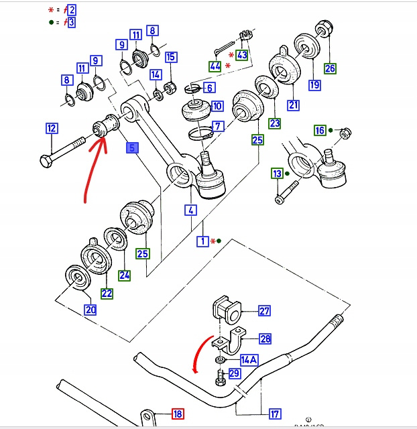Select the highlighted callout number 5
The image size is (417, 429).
[132, 148]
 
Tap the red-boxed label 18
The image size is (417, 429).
[178, 414]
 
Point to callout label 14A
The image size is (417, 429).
[249, 359]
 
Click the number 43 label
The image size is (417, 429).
[242, 55]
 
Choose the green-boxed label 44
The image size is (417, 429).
[215, 66]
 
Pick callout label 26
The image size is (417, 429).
[330, 68]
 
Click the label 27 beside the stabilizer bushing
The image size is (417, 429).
[264, 310]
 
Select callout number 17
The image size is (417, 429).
[276, 414]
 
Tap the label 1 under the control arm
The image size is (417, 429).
[202, 241]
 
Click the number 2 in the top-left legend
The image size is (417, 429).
[71, 9]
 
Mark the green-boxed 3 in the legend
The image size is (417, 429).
[71, 22]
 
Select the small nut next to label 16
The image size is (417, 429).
[343, 133]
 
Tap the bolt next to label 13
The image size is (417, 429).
[280, 196]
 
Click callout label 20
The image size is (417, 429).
[90, 310]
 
